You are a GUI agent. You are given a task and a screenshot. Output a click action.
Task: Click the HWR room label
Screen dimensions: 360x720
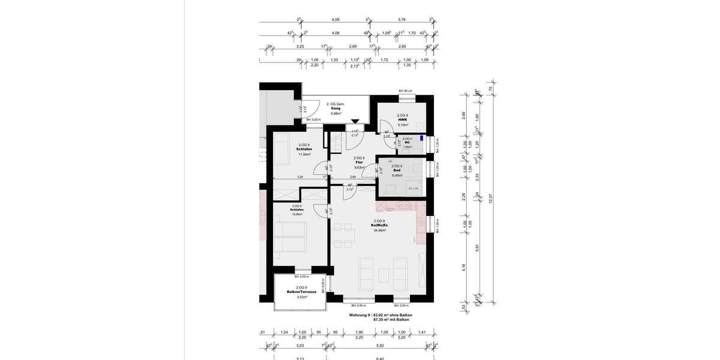click(x=402, y=119)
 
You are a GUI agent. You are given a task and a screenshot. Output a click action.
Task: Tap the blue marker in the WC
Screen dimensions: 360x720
click(x=422, y=139)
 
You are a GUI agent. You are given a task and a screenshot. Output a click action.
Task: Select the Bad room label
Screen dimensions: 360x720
click(x=397, y=170)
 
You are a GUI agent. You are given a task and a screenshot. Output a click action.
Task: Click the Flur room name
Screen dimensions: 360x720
click(x=359, y=162)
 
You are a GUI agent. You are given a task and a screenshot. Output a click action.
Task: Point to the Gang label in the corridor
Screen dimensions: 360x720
click(x=335, y=108)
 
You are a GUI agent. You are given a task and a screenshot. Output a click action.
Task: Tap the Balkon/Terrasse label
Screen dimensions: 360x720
click(x=302, y=292)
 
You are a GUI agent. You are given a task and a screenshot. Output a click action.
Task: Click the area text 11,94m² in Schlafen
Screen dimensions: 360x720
click(x=305, y=154)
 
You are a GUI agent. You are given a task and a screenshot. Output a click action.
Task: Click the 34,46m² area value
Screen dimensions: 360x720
click(x=380, y=230)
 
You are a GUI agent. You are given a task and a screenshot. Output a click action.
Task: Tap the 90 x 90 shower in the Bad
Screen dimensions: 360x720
click(x=413, y=188)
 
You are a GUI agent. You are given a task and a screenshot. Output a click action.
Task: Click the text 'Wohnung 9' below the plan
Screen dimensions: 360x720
click(x=361, y=315)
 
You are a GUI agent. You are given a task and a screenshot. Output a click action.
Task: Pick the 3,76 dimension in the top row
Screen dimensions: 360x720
click(x=401, y=19)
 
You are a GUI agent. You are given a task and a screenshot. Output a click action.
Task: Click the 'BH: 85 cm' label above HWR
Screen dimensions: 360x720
click(x=406, y=91)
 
